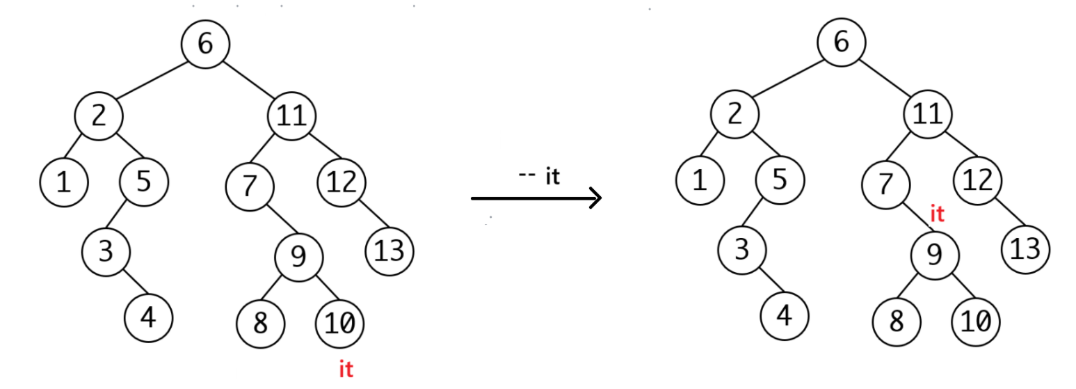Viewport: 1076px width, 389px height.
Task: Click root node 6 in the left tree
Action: [x=205, y=44]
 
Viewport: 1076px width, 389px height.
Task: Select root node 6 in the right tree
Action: [x=841, y=42]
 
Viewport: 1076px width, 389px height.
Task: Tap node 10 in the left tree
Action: [x=339, y=322]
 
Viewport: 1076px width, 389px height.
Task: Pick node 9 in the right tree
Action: [x=935, y=256]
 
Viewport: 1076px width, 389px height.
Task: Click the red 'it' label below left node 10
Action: [x=346, y=369]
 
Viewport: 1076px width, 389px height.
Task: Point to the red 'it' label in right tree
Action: [x=937, y=214]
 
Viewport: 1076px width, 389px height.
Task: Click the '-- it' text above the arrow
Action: [x=539, y=177]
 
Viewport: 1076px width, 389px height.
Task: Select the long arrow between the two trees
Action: [x=536, y=199]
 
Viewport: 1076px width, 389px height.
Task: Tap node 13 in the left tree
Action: [x=390, y=251]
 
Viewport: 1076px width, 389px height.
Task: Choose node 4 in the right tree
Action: [x=784, y=317]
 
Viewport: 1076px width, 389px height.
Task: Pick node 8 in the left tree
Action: [x=260, y=324]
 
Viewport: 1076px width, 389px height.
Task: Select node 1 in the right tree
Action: [x=700, y=181]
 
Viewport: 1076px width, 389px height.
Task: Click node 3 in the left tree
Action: [x=105, y=251]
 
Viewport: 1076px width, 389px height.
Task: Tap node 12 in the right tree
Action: [x=978, y=181]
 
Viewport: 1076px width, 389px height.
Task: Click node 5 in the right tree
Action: [x=780, y=181]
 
